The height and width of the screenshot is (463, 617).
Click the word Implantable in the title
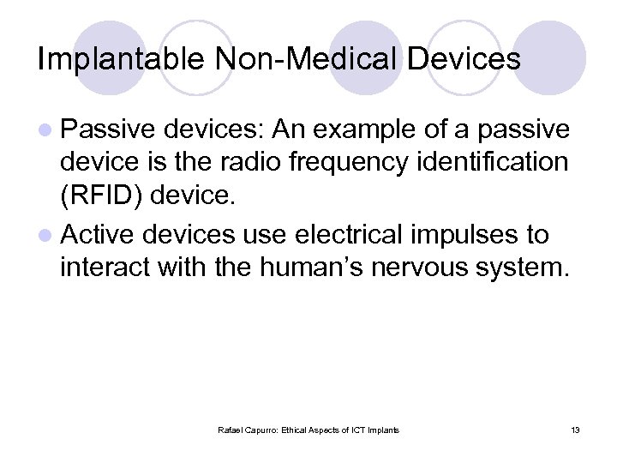[x=120, y=59]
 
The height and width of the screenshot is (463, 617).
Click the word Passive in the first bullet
[x=107, y=129]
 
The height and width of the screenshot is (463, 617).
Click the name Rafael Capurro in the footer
[x=247, y=430]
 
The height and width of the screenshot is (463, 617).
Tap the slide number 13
[x=575, y=430]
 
